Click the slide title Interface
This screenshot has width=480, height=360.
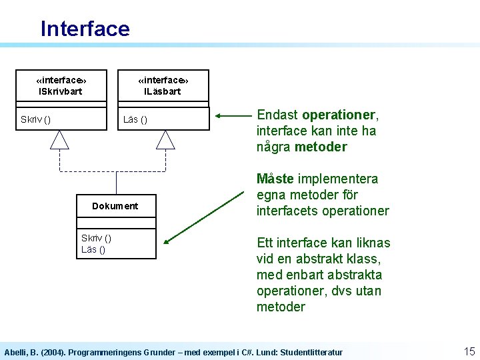(85, 29)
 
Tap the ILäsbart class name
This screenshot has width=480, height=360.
(163, 91)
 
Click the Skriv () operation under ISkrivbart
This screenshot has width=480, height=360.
(35, 119)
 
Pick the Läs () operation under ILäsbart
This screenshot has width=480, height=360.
(135, 119)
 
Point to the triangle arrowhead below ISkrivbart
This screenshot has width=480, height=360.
(60, 139)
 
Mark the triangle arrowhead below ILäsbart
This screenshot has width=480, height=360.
(165, 139)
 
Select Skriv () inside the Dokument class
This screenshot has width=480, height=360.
(96, 238)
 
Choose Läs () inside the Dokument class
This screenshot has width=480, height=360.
(93, 249)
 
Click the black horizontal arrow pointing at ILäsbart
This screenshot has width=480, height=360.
(233, 116)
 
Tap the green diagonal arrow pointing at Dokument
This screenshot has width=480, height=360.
(203, 217)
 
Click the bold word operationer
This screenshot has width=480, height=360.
(339, 115)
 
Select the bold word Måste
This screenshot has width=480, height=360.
(275, 179)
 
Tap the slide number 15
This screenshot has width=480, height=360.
(469, 351)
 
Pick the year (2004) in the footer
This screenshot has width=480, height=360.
(51, 352)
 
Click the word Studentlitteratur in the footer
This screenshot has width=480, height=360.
(310, 352)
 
